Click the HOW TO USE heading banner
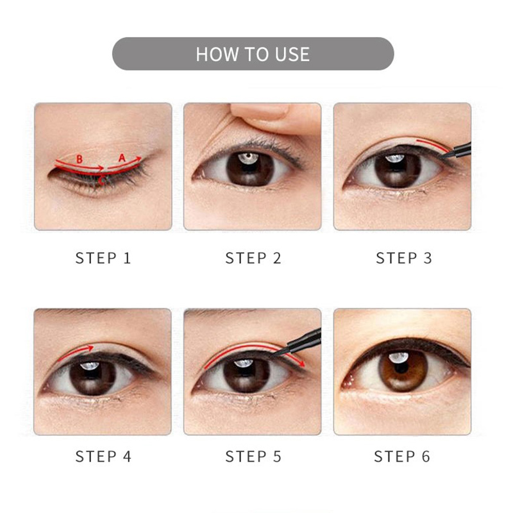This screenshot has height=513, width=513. [x=253, y=54]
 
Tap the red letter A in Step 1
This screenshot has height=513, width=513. [x=122, y=158]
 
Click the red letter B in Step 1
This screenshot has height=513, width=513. [x=80, y=159]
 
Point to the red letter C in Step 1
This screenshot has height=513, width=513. [x=102, y=180]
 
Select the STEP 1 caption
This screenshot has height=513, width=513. [x=103, y=258]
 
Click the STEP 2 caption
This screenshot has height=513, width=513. [x=253, y=258]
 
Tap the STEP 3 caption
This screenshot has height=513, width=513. [x=404, y=258]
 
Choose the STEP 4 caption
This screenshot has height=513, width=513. [x=103, y=457]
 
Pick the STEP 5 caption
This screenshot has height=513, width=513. [x=253, y=457]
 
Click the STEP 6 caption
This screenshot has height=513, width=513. [x=402, y=457]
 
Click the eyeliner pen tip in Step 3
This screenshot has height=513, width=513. [x=442, y=157]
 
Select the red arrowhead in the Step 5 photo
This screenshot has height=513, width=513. [x=301, y=363]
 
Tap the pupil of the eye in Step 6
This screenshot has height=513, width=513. [x=402, y=367]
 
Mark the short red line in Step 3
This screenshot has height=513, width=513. [x=432, y=146]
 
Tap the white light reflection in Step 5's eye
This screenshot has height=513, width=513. [x=244, y=362]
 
